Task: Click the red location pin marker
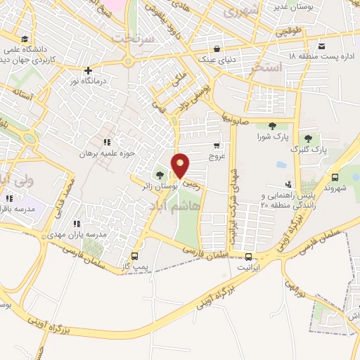click(x=181, y=166)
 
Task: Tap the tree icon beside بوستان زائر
click(x=160, y=174)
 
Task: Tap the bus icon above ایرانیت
click(x=248, y=257)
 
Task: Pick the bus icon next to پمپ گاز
click(x=134, y=256)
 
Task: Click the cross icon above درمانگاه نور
click(x=88, y=71)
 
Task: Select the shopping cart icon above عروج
click(x=217, y=146)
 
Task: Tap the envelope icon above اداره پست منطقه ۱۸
click(x=321, y=47)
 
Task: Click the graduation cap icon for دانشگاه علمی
click(x=25, y=39)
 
